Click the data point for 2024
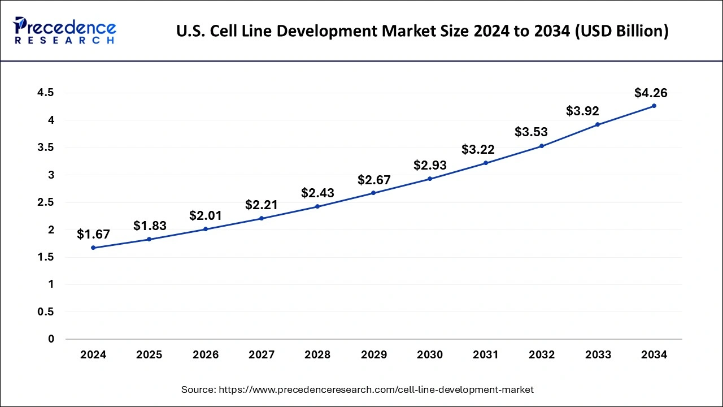93,248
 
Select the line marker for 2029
373,193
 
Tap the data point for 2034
654,106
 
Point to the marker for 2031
486,163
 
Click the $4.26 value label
651,93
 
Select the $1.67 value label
93,234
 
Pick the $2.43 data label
317,193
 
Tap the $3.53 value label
531,132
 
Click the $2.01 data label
206,215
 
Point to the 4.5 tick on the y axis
46,93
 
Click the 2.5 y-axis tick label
46,202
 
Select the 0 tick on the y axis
51,339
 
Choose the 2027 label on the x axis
262,355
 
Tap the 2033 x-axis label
598,355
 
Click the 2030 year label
430,355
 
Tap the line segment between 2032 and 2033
570,135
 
